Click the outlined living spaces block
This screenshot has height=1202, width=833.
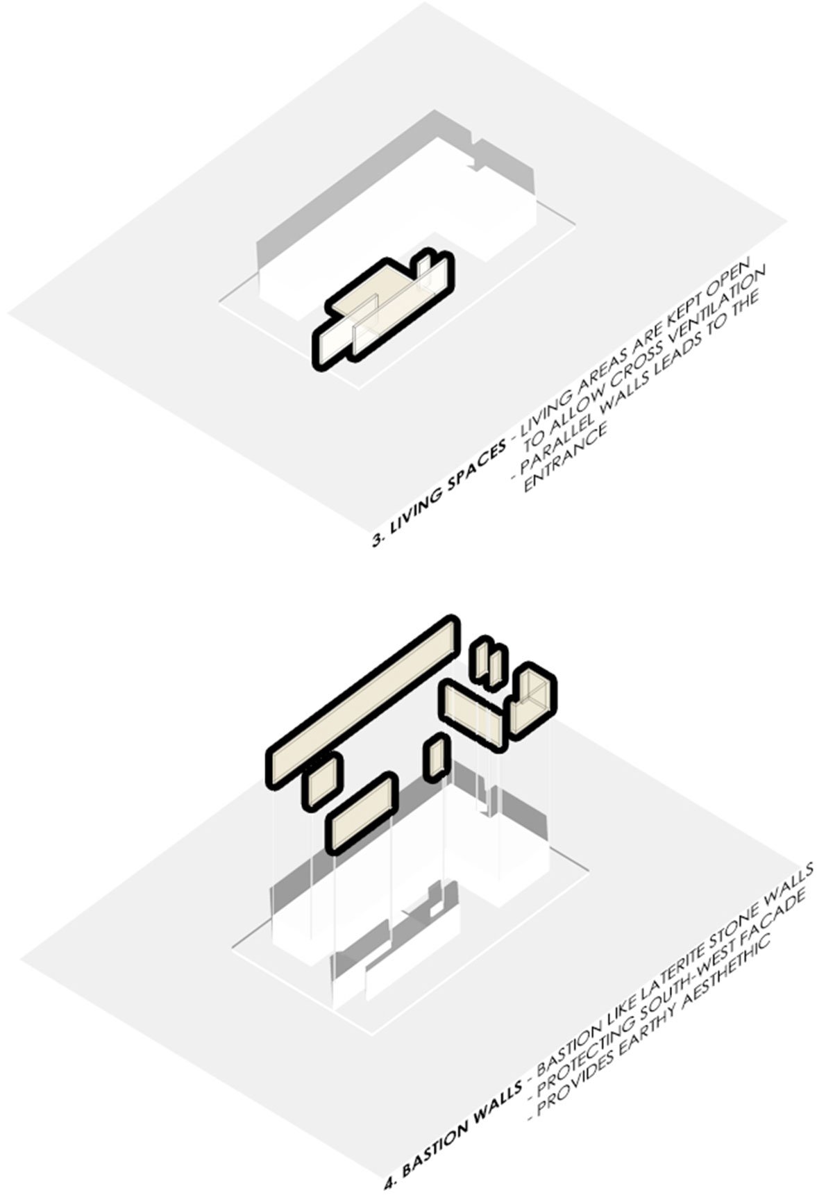point(382,310)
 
